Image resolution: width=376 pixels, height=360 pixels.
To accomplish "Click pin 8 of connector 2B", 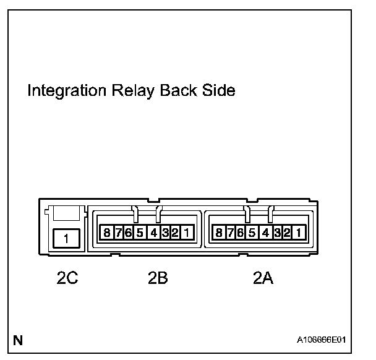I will pos(106,233).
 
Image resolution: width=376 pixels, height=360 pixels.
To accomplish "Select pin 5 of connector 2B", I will pos(140,233).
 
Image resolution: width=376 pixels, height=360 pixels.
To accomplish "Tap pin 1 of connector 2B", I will pos(187,233).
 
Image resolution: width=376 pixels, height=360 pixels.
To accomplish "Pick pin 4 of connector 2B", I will pos(154,233).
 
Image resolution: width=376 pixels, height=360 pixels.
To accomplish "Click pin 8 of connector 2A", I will pos(218,233).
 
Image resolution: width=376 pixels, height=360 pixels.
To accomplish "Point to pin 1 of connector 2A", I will pos(299,233).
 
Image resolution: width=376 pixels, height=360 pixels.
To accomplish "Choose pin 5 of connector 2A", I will pos(252,233).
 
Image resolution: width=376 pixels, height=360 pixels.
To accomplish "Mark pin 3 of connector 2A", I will pos(278,233).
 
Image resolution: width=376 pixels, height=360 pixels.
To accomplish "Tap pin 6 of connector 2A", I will pos(240,233).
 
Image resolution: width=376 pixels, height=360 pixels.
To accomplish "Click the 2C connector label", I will pos(67,279).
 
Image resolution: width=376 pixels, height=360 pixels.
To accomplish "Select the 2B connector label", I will pos(158,279).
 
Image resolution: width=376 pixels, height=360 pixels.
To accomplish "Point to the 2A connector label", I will pos(263,279).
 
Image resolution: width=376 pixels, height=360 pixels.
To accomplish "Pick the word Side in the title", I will pos(219,92).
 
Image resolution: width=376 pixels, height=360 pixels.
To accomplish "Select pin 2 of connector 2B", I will pos(175,233).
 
